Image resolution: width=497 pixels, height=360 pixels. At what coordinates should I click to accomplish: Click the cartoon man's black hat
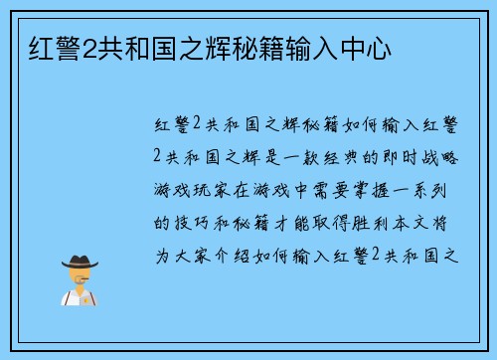(81, 261)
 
